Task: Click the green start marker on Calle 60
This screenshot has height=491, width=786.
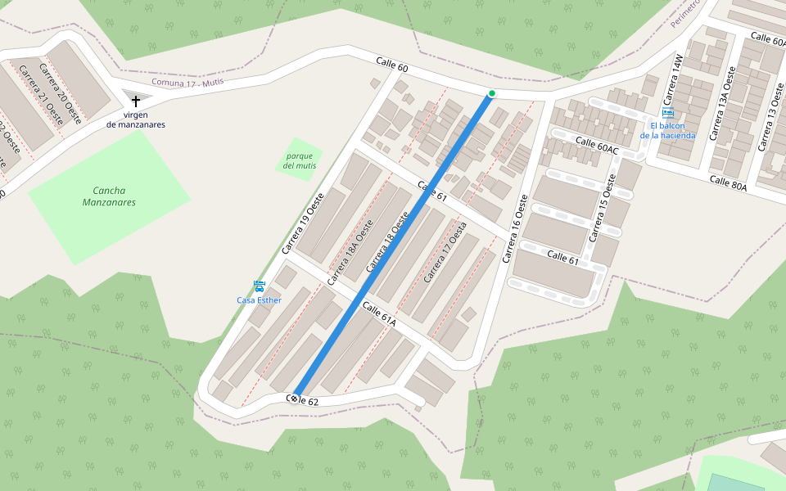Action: click(x=491, y=94)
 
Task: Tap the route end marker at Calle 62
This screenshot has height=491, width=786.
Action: click(x=293, y=399)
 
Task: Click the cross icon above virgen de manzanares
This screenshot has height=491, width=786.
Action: click(x=136, y=101)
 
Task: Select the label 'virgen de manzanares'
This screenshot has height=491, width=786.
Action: click(x=136, y=119)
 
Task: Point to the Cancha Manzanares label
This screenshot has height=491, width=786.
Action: click(x=109, y=196)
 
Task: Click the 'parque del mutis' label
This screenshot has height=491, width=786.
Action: click(x=300, y=160)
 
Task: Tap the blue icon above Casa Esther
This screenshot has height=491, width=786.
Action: click(x=259, y=286)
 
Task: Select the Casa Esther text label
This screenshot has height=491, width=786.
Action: click(x=259, y=300)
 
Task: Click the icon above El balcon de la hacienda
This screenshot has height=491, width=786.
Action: click(x=668, y=113)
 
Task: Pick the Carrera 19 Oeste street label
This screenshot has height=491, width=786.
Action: click(x=304, y=222)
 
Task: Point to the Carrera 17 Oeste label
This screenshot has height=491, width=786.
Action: click(x=445, y=252)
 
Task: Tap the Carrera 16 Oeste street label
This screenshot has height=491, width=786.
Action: click(x=513, y=228)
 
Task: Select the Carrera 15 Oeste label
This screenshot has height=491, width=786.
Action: click(x=601, y=207)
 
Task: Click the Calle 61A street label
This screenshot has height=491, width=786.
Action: click(x=379, y=315)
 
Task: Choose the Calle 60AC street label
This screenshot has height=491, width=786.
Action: click(x=597, y=145)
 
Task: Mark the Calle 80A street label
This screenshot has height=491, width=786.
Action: click(x=728, y=182)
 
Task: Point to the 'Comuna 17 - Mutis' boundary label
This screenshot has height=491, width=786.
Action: click(x=187, y=83)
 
